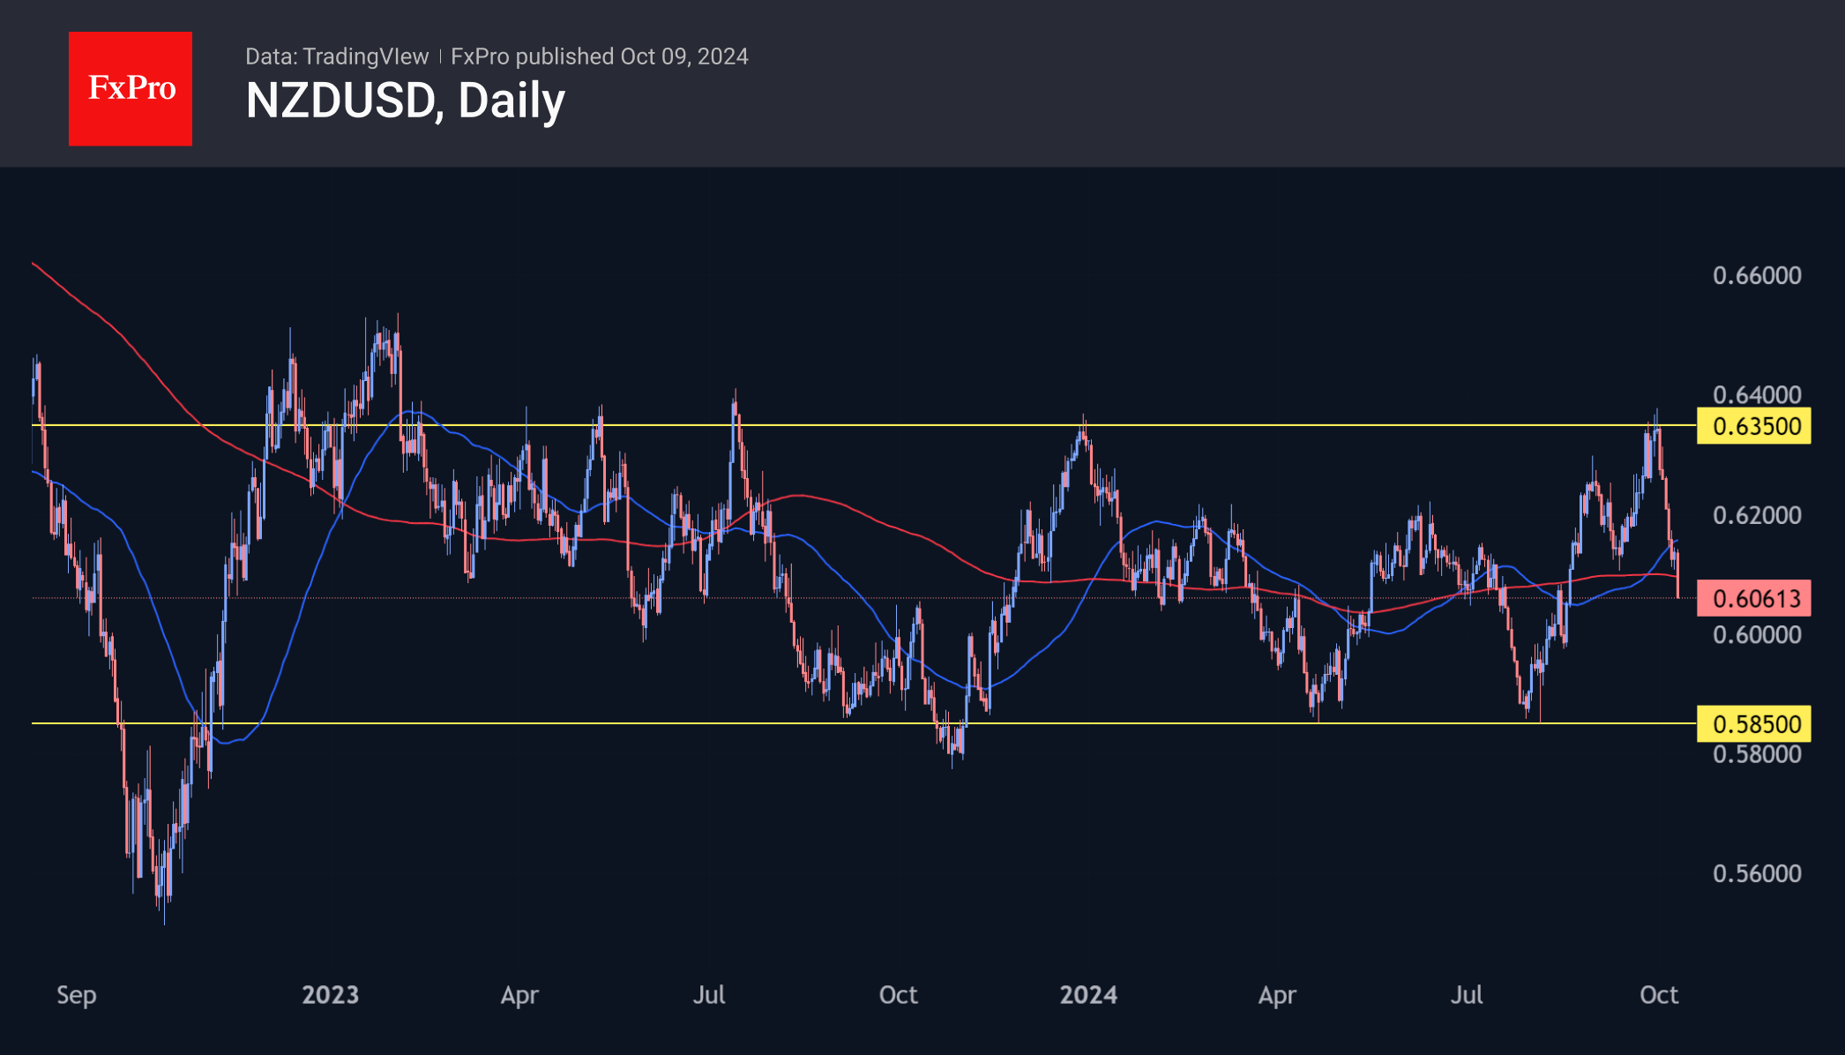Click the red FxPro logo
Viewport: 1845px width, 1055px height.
(x=131, y=88)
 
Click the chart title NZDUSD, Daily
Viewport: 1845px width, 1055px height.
(x=405, y=101)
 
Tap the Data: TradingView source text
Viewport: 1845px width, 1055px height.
(x=336, y=56)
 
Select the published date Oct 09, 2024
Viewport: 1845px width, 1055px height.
(x=683, y=56)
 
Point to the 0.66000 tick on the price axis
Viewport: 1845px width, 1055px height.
(x=1757, y=275)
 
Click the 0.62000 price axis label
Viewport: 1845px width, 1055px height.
(x=1757, y=515)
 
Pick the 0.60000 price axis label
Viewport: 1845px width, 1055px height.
(x=1757, y=634)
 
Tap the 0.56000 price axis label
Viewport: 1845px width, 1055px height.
(x=1757, y=873)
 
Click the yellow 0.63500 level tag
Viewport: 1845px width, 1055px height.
(x=1753, y=426)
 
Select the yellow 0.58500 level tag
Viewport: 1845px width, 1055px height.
(x=1753, y=724)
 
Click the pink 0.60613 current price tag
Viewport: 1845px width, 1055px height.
(x=1753, y=599)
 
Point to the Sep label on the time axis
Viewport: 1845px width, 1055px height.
(x=77, y=995)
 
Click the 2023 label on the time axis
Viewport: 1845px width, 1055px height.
(x=330, y=995)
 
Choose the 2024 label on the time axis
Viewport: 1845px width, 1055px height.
(x=1088, y=995)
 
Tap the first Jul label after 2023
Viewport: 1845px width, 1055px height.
(x=708, y=995)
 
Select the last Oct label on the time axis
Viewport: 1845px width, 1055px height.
(x=1658, y=995)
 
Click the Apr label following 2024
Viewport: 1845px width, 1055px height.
(x=1277, y=995)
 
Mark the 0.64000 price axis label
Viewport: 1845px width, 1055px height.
(x=1757, y=393)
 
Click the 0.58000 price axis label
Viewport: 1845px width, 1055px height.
(x=1757, y=754)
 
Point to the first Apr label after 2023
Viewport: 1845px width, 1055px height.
(x=519, y=995)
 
